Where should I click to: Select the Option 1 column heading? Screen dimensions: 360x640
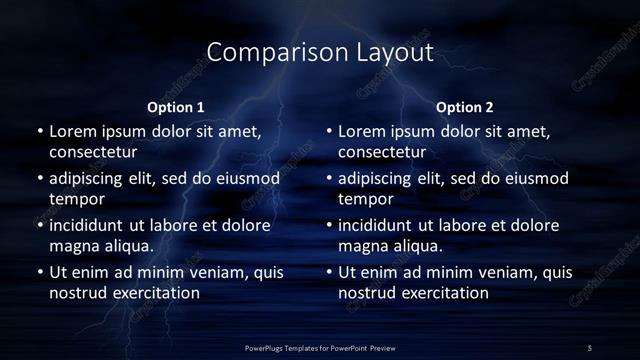[x=176, y=107]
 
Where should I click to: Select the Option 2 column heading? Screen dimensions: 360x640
[x=465, y=107]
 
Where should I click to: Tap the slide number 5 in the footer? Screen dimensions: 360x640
[x=590, y=347]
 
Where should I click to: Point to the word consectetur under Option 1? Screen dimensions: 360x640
[x=92, y=152]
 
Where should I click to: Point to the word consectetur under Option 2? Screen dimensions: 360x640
[x=381, y=152]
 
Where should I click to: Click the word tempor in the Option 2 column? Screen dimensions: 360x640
[x=364, y=198]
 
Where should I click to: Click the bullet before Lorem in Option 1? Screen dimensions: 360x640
[x=40, y=131]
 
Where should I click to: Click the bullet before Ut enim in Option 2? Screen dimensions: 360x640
[x=329, y=272]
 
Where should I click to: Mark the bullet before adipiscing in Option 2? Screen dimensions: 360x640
[x=329, y=178]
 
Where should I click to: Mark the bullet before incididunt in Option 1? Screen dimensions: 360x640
[x=40, y=225]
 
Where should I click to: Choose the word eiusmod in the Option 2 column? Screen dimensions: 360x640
[x=534, y=178]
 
